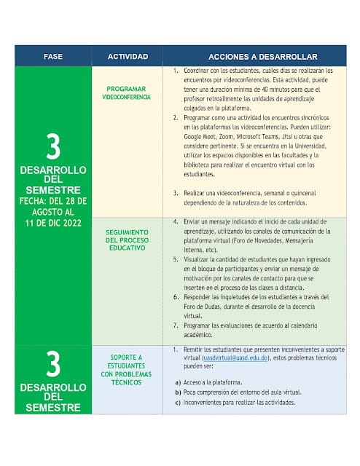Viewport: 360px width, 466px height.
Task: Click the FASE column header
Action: point(53,56)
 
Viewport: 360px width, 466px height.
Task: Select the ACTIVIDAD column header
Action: point(128,56)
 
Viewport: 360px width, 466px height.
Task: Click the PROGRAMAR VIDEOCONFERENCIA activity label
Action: point(127,92)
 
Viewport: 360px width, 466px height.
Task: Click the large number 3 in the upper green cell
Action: point(53,146)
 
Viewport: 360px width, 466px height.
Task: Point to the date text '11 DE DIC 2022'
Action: point(53,221)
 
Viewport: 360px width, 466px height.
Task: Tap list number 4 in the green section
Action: point(176,221)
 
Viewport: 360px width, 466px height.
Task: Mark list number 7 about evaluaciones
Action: point(176,325)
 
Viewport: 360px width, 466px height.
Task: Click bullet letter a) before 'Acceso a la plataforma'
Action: point(178,382)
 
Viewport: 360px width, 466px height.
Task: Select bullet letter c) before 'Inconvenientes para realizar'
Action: point(178,403)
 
